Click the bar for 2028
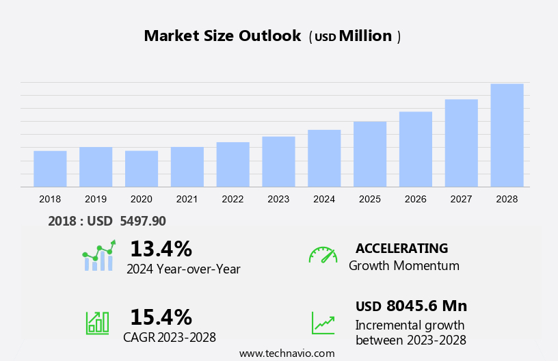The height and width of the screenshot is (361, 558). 507,135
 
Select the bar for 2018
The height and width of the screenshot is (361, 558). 50,169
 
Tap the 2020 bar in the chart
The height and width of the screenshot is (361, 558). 142,169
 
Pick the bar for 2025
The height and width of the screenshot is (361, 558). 370,154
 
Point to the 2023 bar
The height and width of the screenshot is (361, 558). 278,161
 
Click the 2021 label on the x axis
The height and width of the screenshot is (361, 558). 187,199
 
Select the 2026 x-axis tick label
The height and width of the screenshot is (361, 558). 416,199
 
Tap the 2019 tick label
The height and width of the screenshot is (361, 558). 96,199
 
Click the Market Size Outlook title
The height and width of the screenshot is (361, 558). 222,36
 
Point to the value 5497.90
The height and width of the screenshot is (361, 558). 142,221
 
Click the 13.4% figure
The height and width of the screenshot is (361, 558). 161,248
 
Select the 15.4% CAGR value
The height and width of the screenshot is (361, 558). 161,317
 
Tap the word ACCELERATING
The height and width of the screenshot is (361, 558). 402,248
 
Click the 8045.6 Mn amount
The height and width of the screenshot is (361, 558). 426,306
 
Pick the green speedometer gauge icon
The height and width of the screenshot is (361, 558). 323,255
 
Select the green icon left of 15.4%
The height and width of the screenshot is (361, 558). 97,323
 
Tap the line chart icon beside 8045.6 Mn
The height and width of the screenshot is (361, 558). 323,323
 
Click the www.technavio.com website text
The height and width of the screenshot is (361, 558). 287,353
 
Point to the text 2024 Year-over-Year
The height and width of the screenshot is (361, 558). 183,269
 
